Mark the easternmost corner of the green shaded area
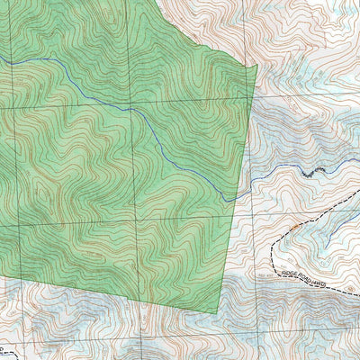coord(257,65)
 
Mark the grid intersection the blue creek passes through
coord(134,108)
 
